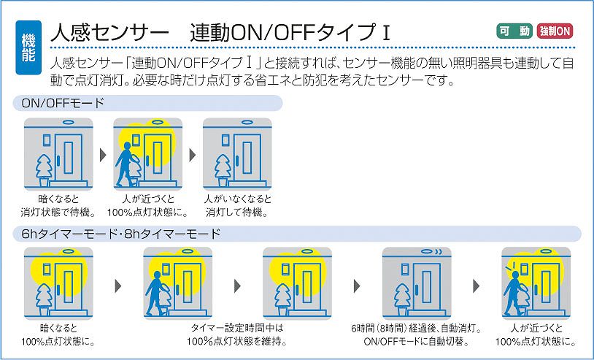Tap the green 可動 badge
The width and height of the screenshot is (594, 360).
[514, 31]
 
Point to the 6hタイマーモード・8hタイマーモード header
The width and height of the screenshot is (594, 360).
[116, 234]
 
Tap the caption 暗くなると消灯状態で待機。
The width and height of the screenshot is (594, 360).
[59, 206]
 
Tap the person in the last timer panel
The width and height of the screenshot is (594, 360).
[517, 288]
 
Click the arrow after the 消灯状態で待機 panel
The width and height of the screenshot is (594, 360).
[103, 154]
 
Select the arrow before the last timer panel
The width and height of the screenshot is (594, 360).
[476, 285]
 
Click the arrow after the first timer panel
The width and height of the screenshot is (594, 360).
[117, 285]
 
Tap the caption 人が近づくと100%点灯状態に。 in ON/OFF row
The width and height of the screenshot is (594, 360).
[148, 206]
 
